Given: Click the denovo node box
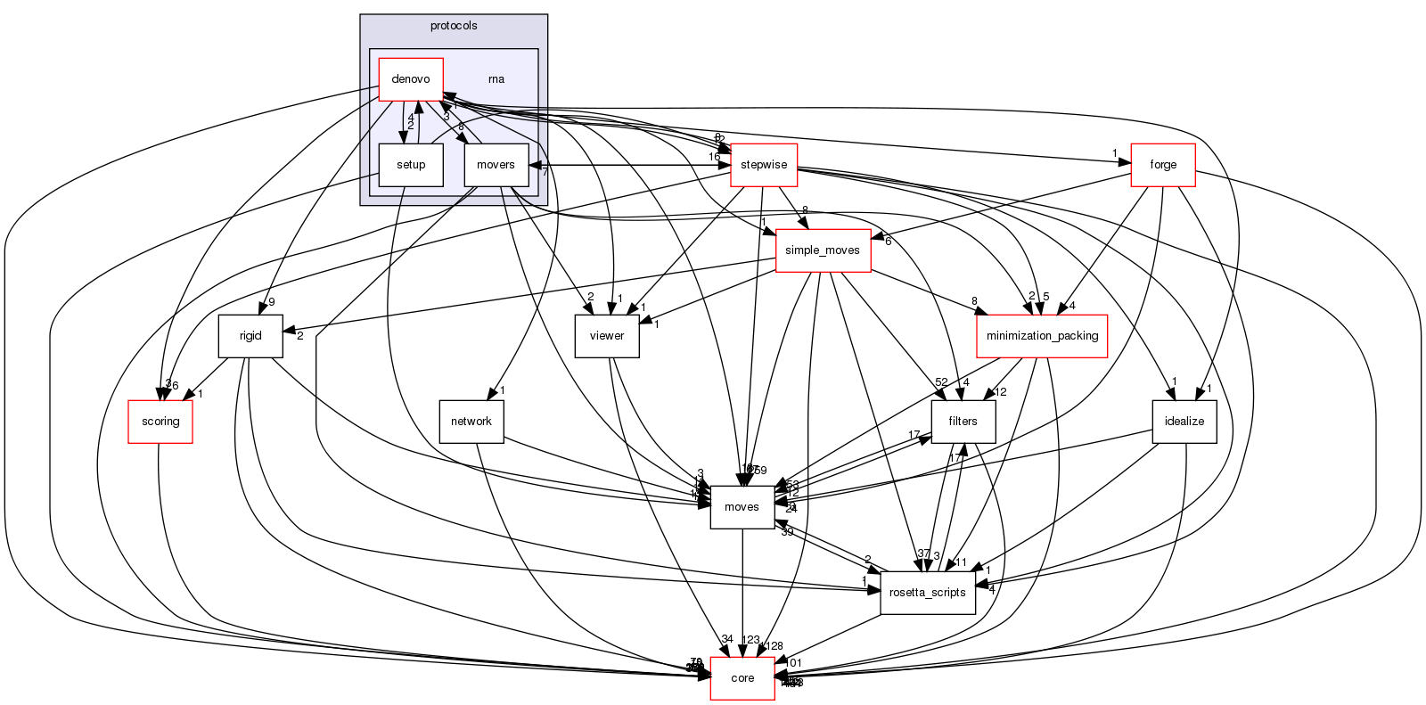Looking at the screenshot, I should tap(411, 79).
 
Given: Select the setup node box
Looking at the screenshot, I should tap(411, 165).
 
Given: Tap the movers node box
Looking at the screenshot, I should tap(496, 165).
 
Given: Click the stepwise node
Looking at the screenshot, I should tap(763, 165).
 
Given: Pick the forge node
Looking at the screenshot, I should tap(1163, 165).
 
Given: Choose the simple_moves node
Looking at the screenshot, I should tap(823, 250).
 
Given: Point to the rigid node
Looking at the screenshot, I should tap(250, 336).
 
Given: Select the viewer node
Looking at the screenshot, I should tap(607, 336).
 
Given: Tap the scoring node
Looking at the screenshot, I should tap(160, 422).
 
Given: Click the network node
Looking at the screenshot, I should tap(471, 422).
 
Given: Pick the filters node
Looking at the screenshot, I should tap(963, 422).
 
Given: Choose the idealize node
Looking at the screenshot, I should tap(1184, 422).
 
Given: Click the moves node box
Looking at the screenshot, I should tap(742, 507).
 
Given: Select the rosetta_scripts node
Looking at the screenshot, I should tap(928, 593).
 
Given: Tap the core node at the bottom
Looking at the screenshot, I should tap(742, 678).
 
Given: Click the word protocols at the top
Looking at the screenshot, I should tap(454, 26).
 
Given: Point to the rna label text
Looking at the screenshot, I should tap(496, 79).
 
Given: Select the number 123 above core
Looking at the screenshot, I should tap(751, 640).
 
